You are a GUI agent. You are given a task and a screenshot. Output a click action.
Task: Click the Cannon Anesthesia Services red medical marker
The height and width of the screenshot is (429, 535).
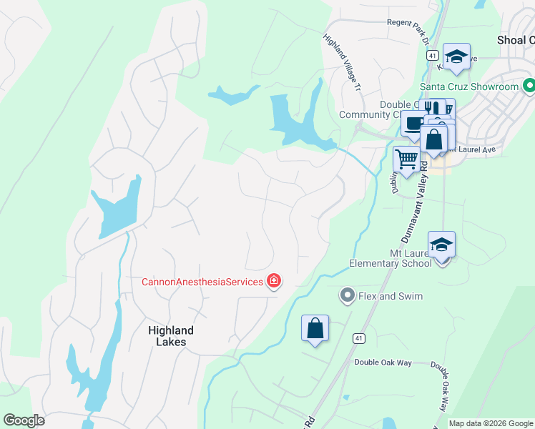pos(273,281)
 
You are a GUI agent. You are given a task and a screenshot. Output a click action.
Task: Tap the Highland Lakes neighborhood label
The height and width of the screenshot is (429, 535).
pos(171,336)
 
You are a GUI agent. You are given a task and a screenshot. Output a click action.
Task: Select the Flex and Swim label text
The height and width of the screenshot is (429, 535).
pos(391,296)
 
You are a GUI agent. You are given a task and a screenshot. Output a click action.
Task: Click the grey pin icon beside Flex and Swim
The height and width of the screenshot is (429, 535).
pos(348,295)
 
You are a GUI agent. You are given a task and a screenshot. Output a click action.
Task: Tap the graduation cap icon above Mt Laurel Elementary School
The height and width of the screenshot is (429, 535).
pos(441,245)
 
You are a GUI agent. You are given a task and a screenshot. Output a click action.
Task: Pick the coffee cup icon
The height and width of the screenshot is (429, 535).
pos(413,124)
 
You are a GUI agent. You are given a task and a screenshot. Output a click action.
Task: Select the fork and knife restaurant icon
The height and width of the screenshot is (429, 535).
pos(433,109)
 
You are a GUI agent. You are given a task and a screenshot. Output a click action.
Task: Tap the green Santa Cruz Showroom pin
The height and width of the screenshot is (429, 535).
pos(529,87)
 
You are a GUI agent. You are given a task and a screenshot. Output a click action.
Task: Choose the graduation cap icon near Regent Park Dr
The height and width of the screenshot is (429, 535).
pos(456,56)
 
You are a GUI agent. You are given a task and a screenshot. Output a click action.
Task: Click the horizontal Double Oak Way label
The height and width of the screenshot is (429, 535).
pos(383,363)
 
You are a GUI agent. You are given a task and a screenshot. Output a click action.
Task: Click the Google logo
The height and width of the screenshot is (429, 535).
pos(24,420)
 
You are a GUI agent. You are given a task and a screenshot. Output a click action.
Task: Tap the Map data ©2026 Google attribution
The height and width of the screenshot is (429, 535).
pos(491,423)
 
